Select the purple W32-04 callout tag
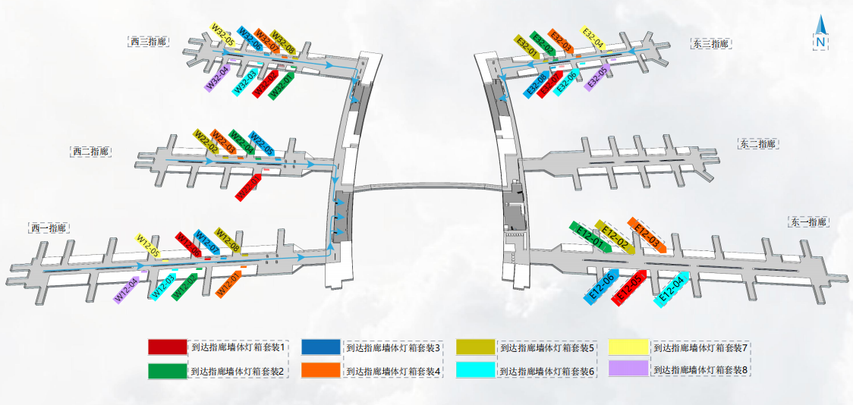pyautogui.click(x=218, y=77)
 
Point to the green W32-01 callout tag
pyautogui.click(x=282, y=85)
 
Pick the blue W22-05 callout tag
pyautogui.click(x=262, y=144)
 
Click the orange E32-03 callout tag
pyautogui.click(x=561, y=42)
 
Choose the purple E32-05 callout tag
pyautogui.click(x=597, y=77)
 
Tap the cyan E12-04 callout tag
pyautogui.click(x=672, y=288)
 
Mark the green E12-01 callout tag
pyautogui.click(x=589, y=236)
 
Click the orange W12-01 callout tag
pyautogui.click(x=229, y=284)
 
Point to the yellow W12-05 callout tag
pyautogui.click(x=148, y=246)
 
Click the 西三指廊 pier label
pyautogui.click(x=147, y=42)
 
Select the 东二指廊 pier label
pyautogui.click(x=758, y=143)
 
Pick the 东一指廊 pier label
pyautogui.click(x=807, y=222)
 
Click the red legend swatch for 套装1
pyautogui.click(x=167, y=347)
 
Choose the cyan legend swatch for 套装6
pyautogui.click(x=475, y=370)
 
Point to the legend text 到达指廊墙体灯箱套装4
pyautogui.click(x=393, y=371)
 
